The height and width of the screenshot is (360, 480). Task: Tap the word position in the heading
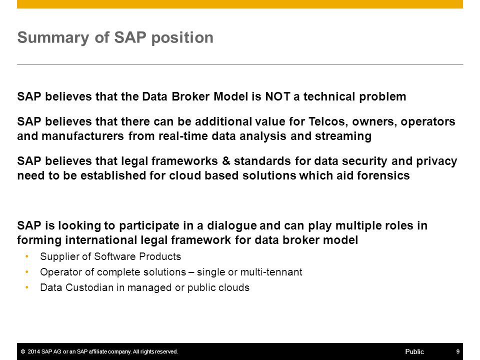(182, 38)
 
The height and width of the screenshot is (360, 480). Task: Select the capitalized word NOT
(277, 96)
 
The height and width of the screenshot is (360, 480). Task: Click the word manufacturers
(82, 136)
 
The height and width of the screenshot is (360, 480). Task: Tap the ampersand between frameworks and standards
(226, 161)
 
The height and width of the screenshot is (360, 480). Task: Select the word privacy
(436, 161)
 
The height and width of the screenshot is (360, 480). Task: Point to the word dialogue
(231, 225)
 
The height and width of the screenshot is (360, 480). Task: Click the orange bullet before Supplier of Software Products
(27, 256)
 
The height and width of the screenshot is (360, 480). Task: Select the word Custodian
(89, 287)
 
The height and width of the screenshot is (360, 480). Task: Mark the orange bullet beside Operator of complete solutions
(27, 272)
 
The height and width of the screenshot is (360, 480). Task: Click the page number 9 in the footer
(457, 351)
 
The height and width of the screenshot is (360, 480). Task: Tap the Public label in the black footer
(414, 351)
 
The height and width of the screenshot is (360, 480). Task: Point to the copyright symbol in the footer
(23, 351)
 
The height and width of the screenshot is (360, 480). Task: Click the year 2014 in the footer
(33, 351)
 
